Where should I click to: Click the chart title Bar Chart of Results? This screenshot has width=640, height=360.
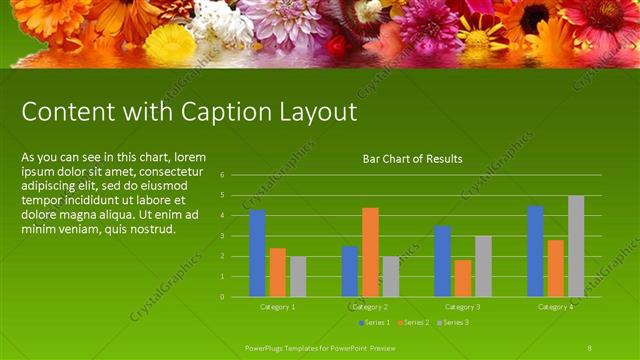412,159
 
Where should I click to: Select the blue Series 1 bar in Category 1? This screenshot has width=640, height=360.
258,253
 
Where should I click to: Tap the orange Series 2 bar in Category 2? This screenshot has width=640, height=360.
370,252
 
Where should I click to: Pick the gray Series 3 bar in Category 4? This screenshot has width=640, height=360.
575,246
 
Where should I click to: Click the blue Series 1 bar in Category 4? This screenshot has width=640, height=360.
535,251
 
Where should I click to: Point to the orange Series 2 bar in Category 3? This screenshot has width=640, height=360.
462,278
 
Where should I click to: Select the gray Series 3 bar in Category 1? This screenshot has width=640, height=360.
298,276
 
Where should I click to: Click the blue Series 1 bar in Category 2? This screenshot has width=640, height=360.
350,271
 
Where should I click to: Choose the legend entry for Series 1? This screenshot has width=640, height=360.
375,322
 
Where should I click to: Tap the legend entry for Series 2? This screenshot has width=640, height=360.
412,322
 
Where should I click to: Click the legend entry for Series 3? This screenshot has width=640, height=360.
452,322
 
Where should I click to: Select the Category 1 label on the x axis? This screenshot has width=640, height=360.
277,306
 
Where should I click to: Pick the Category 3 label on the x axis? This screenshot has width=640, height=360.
462,306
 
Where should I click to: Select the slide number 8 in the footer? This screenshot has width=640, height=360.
590,347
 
